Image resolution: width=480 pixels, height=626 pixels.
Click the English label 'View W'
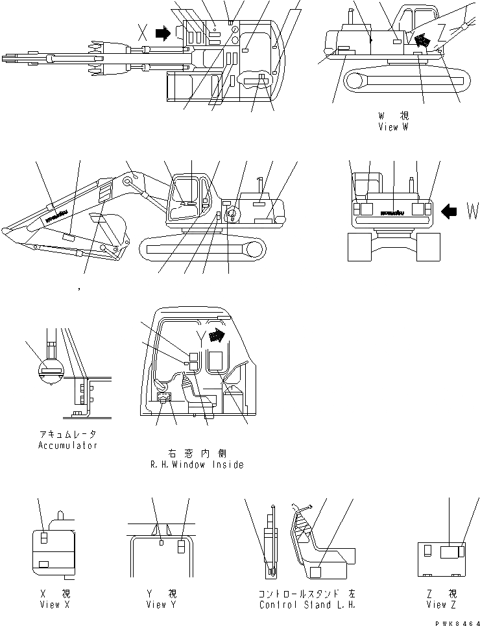393,127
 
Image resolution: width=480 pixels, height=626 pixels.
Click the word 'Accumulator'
68,446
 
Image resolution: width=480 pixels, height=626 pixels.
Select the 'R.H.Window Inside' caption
197,464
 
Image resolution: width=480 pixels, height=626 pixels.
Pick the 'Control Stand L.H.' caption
306,605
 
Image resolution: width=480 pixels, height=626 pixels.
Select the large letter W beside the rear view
472,211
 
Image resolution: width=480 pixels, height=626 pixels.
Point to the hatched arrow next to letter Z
422,40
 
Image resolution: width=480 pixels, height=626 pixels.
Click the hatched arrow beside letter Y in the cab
221,335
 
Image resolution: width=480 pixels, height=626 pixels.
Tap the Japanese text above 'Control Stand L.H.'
306,594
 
